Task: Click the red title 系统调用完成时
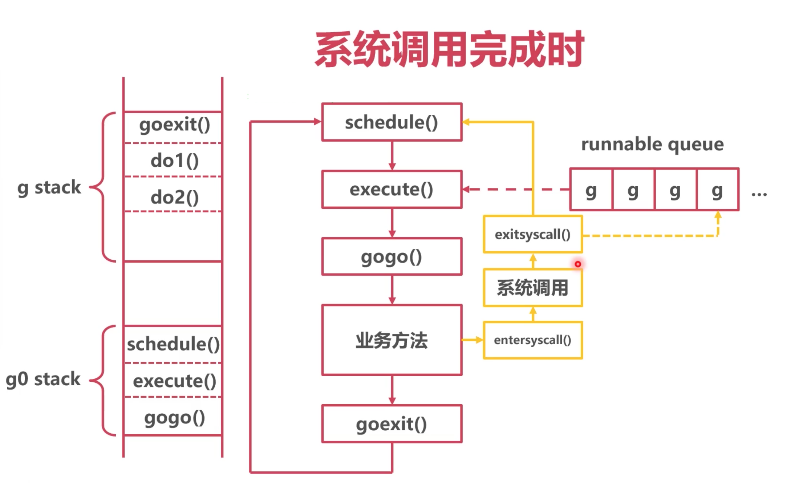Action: pos(450,49)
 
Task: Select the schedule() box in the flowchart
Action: pos(392,122)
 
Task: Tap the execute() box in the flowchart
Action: pos(392,189)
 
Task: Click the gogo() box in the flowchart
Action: pos(392,257)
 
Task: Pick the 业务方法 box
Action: pos(392,340)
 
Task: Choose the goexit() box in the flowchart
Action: pos(392,424)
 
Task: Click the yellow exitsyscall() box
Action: pos(533,234)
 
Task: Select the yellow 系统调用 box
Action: pos(533,288)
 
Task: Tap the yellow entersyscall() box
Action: pos(533,340)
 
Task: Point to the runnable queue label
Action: pos(652,145)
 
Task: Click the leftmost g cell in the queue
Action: pos(591,189)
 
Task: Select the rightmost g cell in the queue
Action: pos(718,189)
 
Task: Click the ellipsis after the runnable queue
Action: pos(759,195)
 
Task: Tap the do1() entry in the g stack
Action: pos(175,160)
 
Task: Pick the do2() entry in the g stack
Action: pos(175,197)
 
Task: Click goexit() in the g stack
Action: pos(175,125)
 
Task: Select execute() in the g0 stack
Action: pos(175,381)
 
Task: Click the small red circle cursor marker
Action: pos(578,264)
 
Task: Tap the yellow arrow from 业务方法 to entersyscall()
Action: pos(472,340)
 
